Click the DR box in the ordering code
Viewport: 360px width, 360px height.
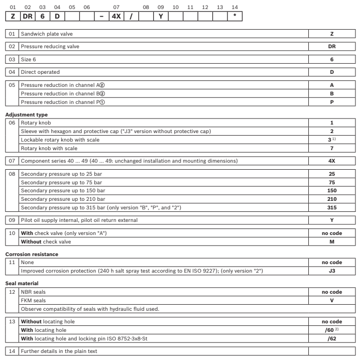point(28,16)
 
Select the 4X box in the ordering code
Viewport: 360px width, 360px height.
point(116,16)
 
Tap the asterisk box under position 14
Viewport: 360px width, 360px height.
point(235,16)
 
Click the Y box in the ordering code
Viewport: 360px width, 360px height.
point(161,16)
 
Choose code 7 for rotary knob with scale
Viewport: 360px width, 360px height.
point(332,148)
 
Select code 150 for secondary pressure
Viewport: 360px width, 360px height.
point(332,191)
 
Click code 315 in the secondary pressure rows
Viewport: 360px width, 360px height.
point(332,207)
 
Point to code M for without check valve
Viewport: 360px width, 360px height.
point(332,242)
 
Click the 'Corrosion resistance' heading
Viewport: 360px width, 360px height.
point(31,255)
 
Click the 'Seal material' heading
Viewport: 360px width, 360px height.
point(22,283)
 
